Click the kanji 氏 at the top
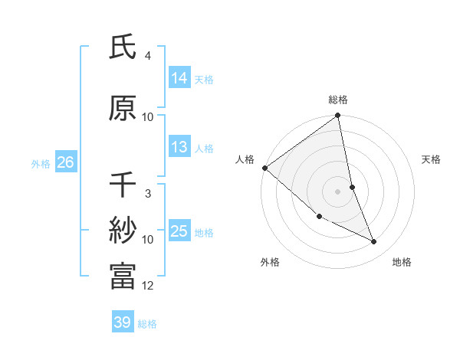pos(123,48)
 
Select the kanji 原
pos(123,109)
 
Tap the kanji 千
pos(123,185)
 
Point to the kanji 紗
pos(123,230)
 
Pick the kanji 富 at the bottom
pos(123,276)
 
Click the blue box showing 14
pos(179,78)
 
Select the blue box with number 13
pos(179,147)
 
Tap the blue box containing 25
pos(179,231)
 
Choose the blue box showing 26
pos(65,162)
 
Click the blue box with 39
pos(123,322)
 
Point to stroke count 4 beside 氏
pos(148,56)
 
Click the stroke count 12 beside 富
pos(148,286)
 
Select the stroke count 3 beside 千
pos(148,194)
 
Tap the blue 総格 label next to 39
pos(147,324)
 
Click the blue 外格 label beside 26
pos(41,163)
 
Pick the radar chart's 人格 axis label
pos(245,159)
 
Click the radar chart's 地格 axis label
pos(402,262)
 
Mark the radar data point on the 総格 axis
pos(337,116)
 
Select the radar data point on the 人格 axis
pos(264,168)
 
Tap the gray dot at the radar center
pos(337,191)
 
